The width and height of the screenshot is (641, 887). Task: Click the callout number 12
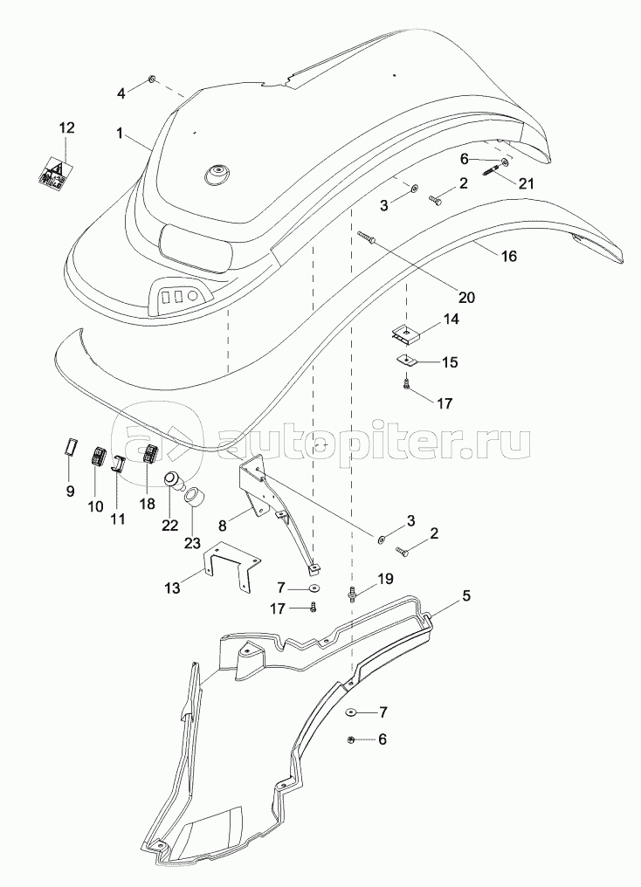tap(66, 128)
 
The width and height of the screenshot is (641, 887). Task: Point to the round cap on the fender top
tap(216, 175)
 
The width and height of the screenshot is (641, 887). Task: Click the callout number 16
tap(509, 256)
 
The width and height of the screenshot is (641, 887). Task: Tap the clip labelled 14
tap(403, 332)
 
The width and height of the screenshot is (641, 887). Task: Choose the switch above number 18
tap(150, 454)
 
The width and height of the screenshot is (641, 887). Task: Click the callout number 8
tap(223, 526)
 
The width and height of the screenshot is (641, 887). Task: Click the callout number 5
tap(466, 596)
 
